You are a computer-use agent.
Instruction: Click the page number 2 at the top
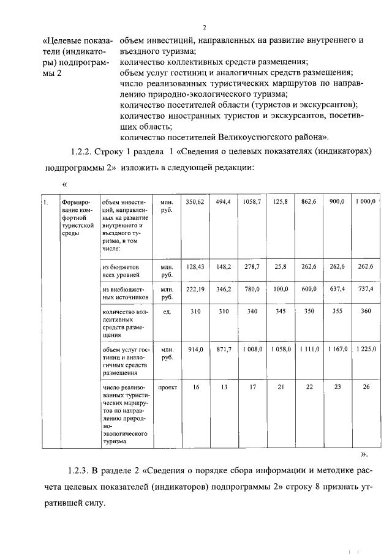[x=205, y=27]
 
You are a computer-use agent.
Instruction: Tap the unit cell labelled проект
[x=167, y=388]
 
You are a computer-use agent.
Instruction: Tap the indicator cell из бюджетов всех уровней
[x=122, y=271]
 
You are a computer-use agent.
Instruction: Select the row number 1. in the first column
[x=45, y=201]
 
